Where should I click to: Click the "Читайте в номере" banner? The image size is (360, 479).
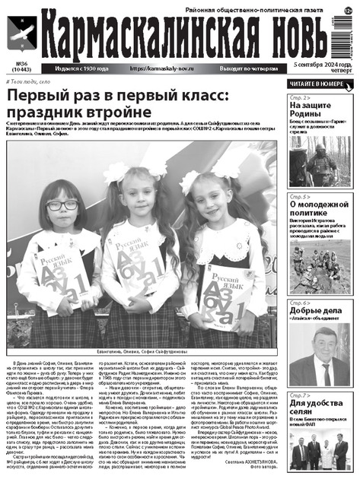(x=319, y=83)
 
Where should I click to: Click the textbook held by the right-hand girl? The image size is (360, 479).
(x=221, y=277)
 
